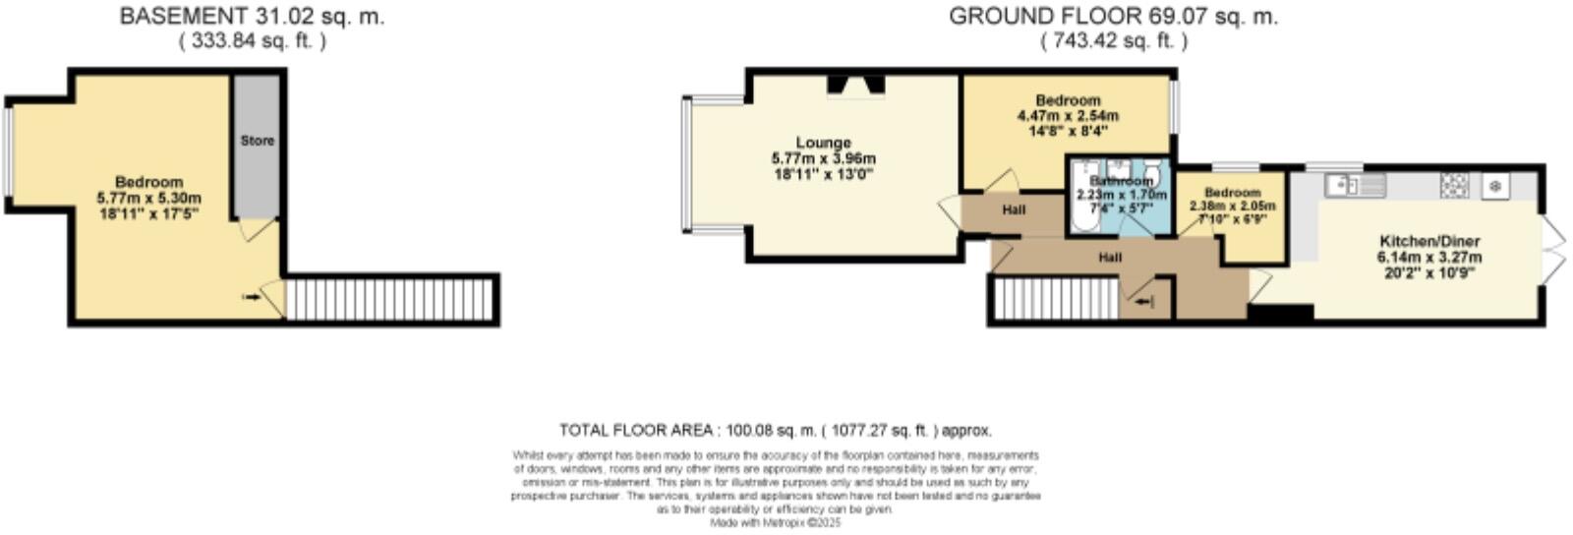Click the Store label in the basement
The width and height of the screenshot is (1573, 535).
(x=258, y=141)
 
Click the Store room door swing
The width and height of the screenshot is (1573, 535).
(x=259, y=228)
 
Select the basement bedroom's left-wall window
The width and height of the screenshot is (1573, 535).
(x=8, y=152)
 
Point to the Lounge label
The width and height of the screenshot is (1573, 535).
(x=824, y=143)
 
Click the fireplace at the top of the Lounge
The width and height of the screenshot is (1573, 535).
(x=854, y=87)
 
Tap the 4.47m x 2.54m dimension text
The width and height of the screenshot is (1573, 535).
(x=1068, y=115)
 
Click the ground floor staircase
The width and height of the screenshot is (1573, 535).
(x=1057, y=298)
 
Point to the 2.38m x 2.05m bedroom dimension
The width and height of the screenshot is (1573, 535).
(x=1232, y=207)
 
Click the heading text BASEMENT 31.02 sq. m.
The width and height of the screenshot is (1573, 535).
(x=253, y=16)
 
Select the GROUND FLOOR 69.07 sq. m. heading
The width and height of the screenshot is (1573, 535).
(x=1114, y=16)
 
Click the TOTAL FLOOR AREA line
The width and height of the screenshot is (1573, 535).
(x=776, y=430)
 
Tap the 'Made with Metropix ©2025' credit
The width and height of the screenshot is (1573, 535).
(x=776, y=523)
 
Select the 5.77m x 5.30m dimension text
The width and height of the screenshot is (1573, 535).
(x=148, y=198)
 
